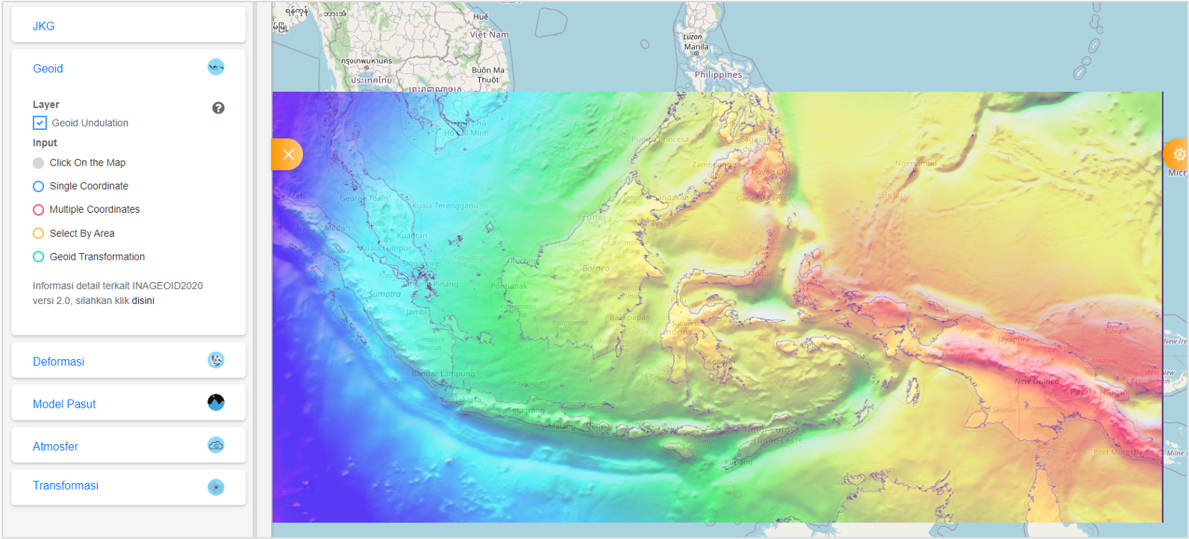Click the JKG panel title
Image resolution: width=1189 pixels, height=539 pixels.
pos(43,26)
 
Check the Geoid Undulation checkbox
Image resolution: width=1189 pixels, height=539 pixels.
pos(40,123)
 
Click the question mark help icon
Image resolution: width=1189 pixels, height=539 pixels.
pos(218,108)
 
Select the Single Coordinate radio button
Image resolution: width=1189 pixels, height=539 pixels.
pos(39,187)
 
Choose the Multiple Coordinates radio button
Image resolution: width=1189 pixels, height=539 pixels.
pos(39,210)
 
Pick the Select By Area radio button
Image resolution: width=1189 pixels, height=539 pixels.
pos(39,234)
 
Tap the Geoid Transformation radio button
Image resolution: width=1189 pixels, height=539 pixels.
pos(39,257)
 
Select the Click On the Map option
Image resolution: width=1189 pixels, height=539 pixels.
pos(39,163)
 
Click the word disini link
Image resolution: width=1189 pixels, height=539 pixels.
pos(143,301)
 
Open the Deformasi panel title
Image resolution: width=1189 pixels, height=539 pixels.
pos(58,362)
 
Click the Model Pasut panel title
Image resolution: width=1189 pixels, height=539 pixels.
pos(64,405)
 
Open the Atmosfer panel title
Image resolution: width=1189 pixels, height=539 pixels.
pos(55,447)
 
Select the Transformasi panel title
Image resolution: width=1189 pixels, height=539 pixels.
pos(66,486)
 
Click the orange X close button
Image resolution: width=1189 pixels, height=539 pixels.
pos(288,155)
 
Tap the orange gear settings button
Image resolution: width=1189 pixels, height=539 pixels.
pos(1179,155)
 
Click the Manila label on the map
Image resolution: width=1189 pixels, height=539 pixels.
pos(696,47)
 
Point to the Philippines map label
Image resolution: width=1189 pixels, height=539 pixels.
pos(718,75)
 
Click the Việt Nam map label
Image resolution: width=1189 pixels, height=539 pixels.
pos(489,35)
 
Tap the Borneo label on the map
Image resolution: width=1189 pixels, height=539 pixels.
pos(596,268)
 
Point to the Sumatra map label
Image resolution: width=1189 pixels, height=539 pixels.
pos(384,294)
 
